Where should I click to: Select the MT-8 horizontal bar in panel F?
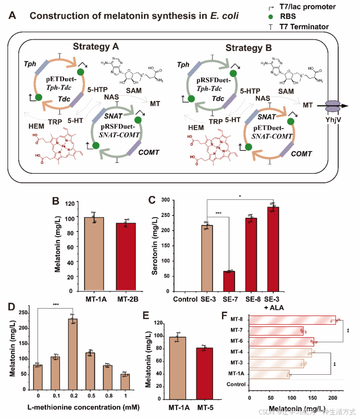coord(292,319)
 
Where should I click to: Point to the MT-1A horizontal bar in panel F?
coord(269,374)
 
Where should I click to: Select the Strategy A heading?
coord(96,46)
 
